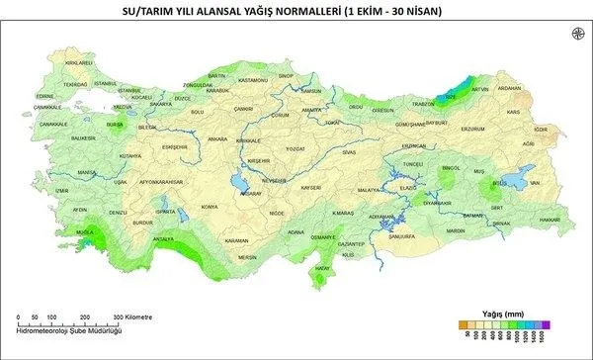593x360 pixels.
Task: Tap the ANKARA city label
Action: (218, 139)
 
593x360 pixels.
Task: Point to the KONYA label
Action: (209, 207)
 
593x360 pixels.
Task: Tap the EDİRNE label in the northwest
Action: (44, 97)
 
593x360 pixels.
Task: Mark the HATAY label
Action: (319, 268)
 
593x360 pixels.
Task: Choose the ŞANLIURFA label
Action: (402, 237)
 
